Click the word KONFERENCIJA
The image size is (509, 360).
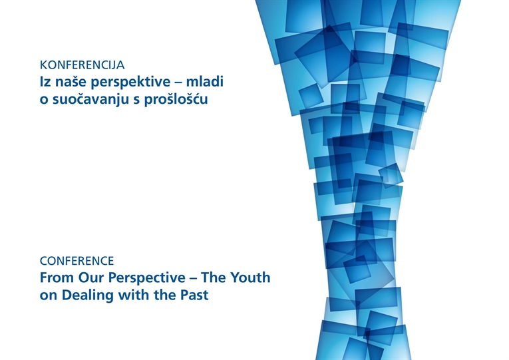[82, 65]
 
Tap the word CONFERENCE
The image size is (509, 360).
[77, 261]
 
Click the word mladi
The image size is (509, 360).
[204, 81]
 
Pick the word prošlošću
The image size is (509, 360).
[176, 100]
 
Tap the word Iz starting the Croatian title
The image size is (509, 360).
[45, 82]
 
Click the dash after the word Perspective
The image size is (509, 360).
[193, 279]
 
